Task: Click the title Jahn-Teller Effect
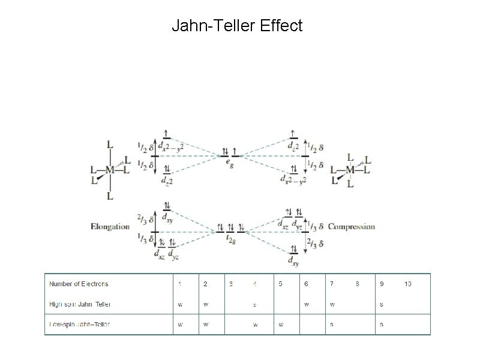click(x=237, y=26)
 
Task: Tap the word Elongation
click(x=110, y=227)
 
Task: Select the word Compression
click(x=352, y=227)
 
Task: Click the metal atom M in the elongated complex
click(x=110, y=170)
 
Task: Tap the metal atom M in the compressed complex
click(x=350, y=170)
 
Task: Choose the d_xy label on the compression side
click(x=293, y=262)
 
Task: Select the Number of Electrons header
click(x=79, y=284)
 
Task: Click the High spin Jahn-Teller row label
click(x=80, y=304)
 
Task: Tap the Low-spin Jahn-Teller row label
click(x=80, y=325)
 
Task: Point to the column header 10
click(x=407, y=284)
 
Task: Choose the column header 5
click(x=280, y=284)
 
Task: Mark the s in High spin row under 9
click(x=382, y=304)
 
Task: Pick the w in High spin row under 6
click(x=306, y=304)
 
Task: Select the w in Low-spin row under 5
click(x=280, y=325)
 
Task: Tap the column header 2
click(x=205, y=284)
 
